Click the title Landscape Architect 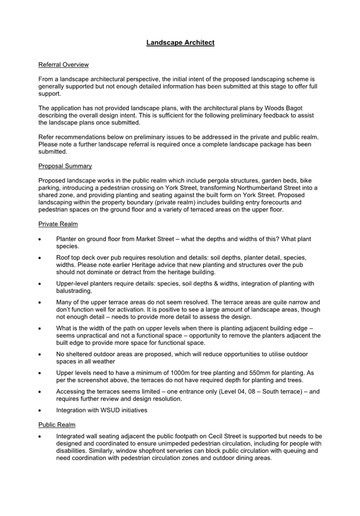(180, 43)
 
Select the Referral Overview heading (63, 65)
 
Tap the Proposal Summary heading (65, 166)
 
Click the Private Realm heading (58, 224)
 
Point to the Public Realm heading (57, 425)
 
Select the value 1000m (182, 373)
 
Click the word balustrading (73, 291)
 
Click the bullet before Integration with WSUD (40, 410)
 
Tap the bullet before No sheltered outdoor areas (40, 355)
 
